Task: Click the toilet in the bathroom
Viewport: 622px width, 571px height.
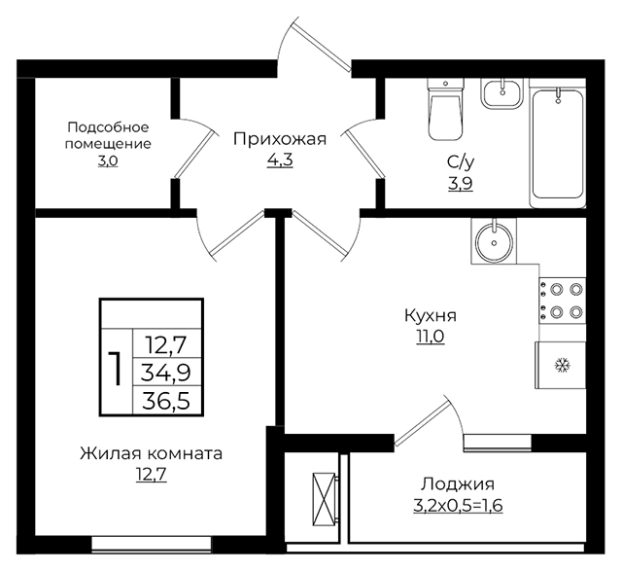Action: pyautogui.click(x=445, y=109)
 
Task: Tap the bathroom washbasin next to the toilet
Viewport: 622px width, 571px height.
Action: pyautogui.click(x=502, y=93)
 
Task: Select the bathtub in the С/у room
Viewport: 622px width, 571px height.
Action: pyautogui.click(x=558, y=143)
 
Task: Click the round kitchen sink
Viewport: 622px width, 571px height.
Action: pyautogui.click(x=495, y=241)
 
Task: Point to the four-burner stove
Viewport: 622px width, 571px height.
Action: pyautogui.click(x=562, y=301)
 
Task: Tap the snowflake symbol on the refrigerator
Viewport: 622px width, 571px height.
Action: pyautogui.click(x=562, y=365)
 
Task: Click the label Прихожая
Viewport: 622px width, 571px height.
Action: pyautogui.click(x=280, y=140)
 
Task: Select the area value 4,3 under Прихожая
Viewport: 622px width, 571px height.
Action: pyautogui.click(x=280, y=161)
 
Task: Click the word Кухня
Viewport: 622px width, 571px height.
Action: pyautogui.click(x=431, y=316)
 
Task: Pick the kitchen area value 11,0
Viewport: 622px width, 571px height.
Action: pyautogui.click(x=431, y=337)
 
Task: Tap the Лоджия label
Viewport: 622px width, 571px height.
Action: pyautogui.click(x=458, y=484)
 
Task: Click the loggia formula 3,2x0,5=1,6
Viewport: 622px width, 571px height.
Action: pyautogui.click(x=458, y=506)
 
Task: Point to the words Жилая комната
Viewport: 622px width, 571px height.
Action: pyautogui.click(x=152, y=453)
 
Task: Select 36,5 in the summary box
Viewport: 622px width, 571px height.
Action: pyautogui.click(x=166, y=401)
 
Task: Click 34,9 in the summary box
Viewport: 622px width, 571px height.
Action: pyautogui.click(x=166, y=373)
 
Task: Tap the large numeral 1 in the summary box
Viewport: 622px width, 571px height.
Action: pyautogui.click(x=116, y=369)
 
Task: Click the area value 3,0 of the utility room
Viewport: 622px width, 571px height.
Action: pyautogui.click(x=108, y=161)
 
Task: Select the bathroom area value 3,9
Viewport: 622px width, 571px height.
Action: pyautogui.click(x=461, y=184)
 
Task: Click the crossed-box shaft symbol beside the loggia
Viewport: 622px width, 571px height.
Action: pyautogui.click(x=324, y=499)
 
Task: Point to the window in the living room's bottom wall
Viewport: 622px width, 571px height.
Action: pyautogui.click(x=152, y=543)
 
